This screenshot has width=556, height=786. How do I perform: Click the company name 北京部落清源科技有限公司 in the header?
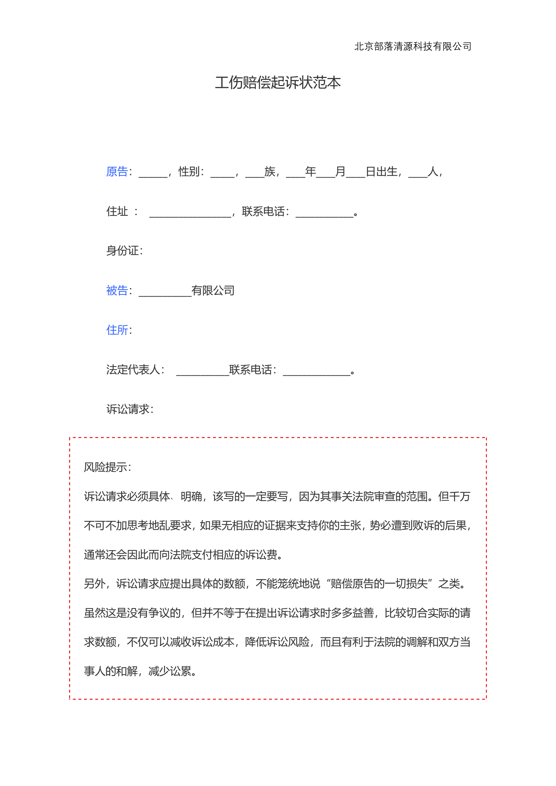(412, 46)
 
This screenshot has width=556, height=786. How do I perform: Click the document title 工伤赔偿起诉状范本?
(278, 83)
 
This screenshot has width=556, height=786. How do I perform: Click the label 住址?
(117, 211)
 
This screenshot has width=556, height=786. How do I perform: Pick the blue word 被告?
(117, 290)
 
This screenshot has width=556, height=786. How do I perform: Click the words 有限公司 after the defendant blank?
(213, 290)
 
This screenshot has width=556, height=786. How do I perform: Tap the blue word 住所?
(117, 330)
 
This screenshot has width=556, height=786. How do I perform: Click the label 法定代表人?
(133, 370)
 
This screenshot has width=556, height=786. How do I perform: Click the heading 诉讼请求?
(128, 409)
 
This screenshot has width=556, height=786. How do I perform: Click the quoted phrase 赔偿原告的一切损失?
(379, 584)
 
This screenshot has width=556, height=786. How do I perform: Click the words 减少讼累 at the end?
(170, 671)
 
